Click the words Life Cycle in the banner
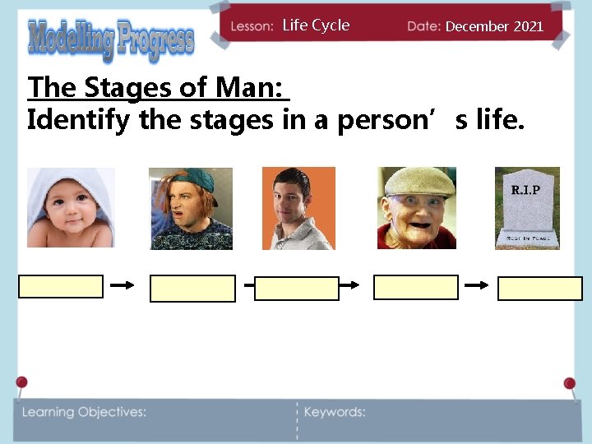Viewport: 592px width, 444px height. (316, 25)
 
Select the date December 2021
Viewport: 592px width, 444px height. (494, 26)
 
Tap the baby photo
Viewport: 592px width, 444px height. (71, 208)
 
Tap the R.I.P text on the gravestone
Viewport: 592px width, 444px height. (526, 190)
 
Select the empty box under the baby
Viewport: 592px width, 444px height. (61, 286)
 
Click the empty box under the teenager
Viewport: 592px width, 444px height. (192, 289)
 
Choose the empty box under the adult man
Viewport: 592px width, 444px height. (297, 289)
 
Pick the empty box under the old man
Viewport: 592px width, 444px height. (415, 287)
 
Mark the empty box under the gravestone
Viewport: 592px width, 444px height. (540, 289)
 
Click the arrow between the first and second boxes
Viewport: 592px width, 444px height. (123, 285)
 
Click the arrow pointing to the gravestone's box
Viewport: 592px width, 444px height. (477, 285)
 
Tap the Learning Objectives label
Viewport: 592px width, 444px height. (84, 412)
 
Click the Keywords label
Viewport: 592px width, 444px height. (335, 412)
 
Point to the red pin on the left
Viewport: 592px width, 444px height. (21, 382)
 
